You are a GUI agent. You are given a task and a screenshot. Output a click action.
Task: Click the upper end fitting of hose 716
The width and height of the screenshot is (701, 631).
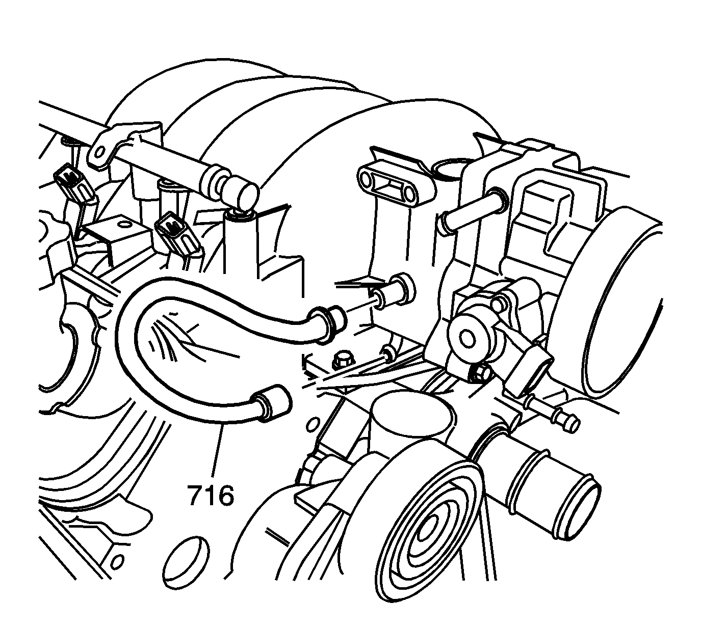pyautogui.click(x=327, y=323)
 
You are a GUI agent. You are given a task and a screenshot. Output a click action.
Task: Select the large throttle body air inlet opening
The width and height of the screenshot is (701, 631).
pyautogui.click(x=626, y=304)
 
